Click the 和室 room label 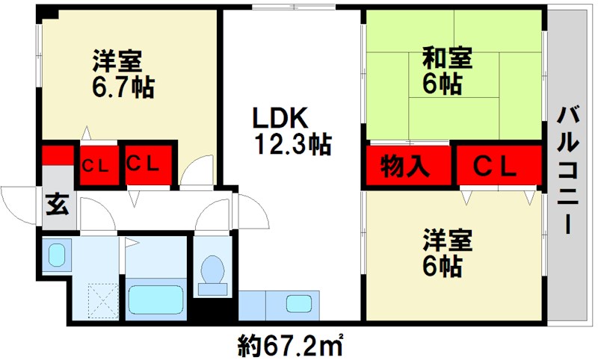click(x=447, y=58)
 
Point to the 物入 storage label click(x=406, y=165)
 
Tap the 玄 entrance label click(x=57, y=203)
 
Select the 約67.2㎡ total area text click(x=291, y=345)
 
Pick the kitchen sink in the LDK click(x=299, y=304)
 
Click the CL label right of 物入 click(x=497, y=166)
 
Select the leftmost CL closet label click(x=97, y=164)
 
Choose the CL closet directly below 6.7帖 click(x=147, y=164)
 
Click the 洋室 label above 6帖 click(x=447, y=240)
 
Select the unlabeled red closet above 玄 click(x=57, y=157)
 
